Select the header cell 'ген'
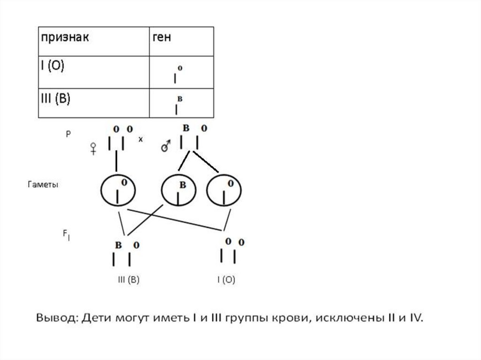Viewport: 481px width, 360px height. pos(162,38)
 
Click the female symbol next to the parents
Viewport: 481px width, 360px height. pos(93,149)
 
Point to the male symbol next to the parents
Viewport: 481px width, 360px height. pos(165,147)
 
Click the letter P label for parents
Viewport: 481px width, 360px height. pos(68,134)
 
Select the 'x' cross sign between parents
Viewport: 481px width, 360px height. pos(140,139)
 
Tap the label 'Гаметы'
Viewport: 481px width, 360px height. pos(42,185)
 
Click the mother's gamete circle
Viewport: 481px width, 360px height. pos(118,191)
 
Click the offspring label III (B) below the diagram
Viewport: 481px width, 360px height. pos(128,280)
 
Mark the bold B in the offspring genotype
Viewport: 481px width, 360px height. pos(118,245)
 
